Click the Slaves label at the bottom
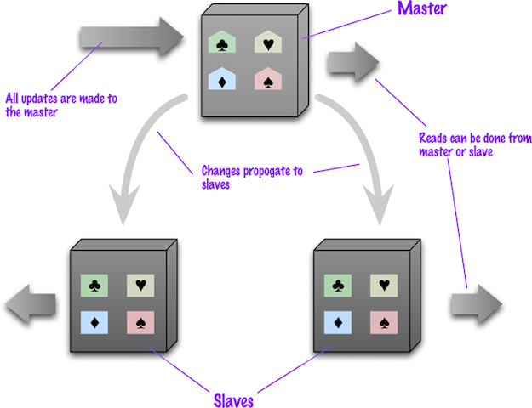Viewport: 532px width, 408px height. (235, 398)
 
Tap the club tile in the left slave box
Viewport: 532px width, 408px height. (94, 286)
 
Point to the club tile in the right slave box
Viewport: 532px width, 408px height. (339, 286)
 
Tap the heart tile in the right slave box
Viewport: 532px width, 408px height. (385, 286)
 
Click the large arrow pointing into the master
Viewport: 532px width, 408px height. (131, 37)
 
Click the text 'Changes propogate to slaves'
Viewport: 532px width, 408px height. (242, 177)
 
